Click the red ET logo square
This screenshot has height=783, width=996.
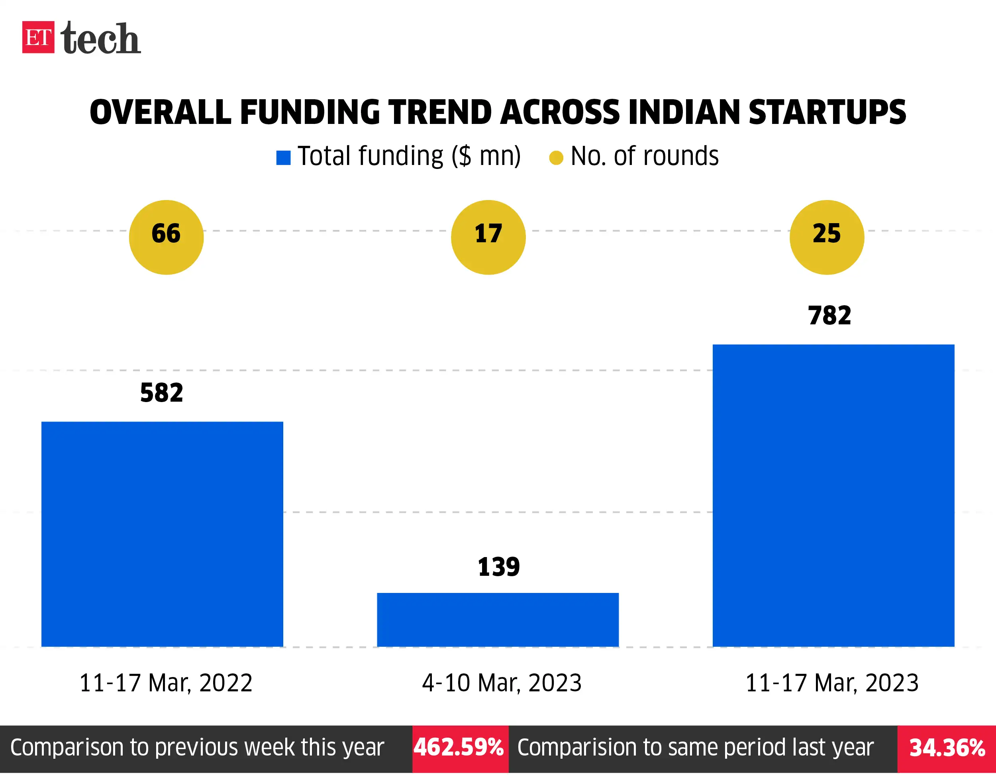pos(38,37)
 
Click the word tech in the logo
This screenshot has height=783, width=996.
pos(100,39)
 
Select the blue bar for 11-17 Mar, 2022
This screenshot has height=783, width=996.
pos(162,534)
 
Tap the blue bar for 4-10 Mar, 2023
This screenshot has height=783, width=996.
pos(498,619)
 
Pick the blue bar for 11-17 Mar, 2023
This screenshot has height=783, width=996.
pos(833,496)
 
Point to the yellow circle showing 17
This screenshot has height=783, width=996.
pos(488,237)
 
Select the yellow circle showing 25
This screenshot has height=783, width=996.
pos(826,237)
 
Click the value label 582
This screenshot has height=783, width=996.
pos(161,393)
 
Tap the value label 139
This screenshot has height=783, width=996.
pos(499,567)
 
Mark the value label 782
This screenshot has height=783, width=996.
pos(829,316)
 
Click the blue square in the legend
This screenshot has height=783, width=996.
pos(283,158)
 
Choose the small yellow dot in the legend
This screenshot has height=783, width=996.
pos(556,158)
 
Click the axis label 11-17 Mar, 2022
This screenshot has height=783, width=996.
pos(166,683)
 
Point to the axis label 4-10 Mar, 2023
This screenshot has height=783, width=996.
pos(502,683)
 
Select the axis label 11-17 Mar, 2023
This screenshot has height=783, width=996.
pos(832,683)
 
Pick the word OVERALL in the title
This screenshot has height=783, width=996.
pos(161,112)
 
